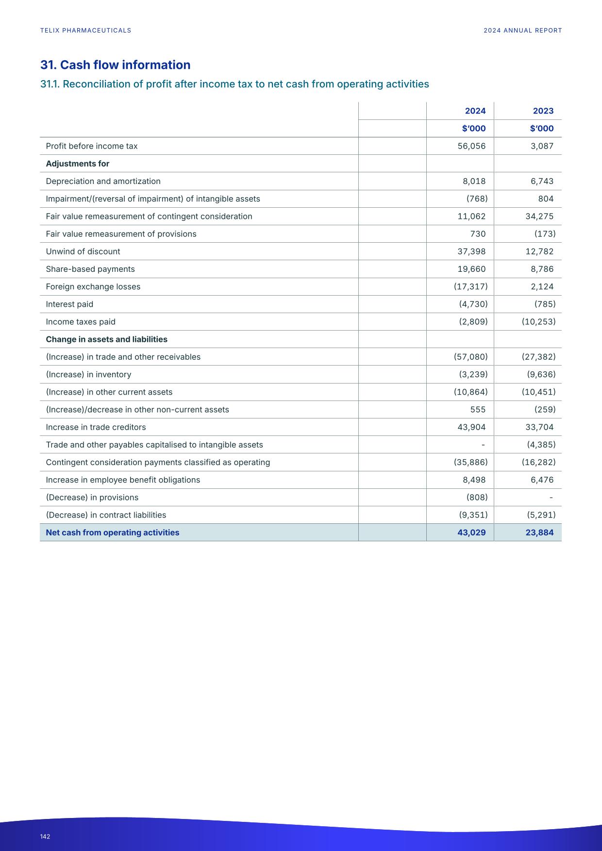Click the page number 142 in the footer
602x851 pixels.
click(45, 836)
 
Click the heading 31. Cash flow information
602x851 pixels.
click(115, 65)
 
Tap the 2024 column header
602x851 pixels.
click(475, 111)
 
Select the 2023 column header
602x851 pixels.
click(543, 111)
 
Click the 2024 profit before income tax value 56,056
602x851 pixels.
click(471, 146)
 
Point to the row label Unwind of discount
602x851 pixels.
click(83, 251)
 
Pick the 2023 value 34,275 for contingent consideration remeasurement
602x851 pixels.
click(539, 217)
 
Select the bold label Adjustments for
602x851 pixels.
click(77, 164)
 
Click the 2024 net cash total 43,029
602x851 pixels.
click(471, 533)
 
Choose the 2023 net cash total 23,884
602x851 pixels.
click(539, 533)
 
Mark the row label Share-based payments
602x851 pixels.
click(90, 269)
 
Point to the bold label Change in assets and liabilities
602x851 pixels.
click(106, 339)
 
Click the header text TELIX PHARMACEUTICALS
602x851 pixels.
click(85, 31)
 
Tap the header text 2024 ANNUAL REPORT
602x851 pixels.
click(522, 31)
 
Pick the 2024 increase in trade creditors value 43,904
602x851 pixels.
click(471, 427)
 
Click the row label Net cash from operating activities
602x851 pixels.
click(112, 533)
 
